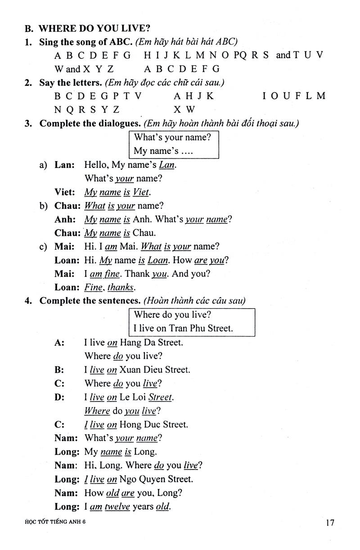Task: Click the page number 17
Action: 329,523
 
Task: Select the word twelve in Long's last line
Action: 117,507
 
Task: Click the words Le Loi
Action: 133,397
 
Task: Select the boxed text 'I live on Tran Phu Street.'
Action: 184,328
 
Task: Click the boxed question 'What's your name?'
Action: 173,137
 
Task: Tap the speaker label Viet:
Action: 65,192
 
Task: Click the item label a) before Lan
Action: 43,165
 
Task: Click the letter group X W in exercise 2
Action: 184,109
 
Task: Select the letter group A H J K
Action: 194,96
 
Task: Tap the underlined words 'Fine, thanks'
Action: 109,287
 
